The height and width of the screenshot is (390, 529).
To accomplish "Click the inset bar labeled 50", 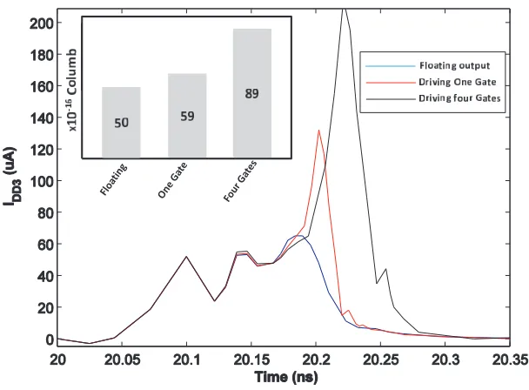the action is click(x=121, y=122).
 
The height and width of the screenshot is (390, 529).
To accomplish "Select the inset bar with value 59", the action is click(x=187, y=116).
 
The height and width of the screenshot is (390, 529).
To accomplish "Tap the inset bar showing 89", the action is click(x=252, y=93).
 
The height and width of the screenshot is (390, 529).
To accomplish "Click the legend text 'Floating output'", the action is click(x=454, y=65).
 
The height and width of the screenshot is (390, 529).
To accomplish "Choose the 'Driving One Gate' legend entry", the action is click(x=457, y=82).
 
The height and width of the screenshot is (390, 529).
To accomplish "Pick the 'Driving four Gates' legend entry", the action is click(x=459, y=98).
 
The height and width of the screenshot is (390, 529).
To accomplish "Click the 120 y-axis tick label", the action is click(x=42, y=149).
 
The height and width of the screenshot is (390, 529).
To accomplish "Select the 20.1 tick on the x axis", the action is click(x=186, y=360).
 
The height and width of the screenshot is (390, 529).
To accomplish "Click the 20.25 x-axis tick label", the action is click(x=380, y=360).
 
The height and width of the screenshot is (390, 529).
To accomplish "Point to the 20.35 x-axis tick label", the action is click(x=510, y=360).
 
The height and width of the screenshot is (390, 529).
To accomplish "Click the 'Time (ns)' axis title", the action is click(x=286, y=377).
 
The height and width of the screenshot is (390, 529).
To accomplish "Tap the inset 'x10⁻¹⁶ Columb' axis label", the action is click(x=72, y=91).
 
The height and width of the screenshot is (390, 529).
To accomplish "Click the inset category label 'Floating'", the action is click(x=114, y=179).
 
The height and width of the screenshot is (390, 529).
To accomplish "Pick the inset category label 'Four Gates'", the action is click(x=240, y=181).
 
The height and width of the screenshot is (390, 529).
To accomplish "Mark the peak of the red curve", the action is click(x=318, y=130).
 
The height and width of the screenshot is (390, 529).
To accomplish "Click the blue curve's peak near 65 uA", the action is click(x=300, y=235).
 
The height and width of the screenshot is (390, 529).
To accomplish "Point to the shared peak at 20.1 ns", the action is click(x=186, y=256).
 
